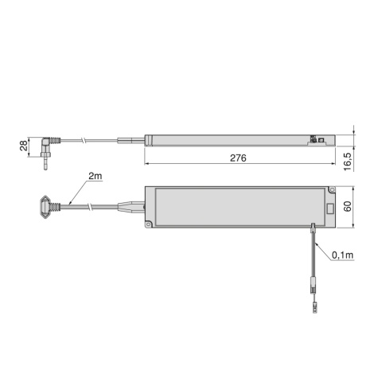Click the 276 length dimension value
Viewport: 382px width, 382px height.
pyautogui.click(x=237, y=158)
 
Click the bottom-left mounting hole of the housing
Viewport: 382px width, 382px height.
pyautogui.click(x=149, y=225)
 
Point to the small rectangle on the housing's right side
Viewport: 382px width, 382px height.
pyautogui.click(x=329, y=210)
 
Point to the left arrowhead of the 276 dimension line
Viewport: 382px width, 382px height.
pyautogui.click(x=149, y=166)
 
